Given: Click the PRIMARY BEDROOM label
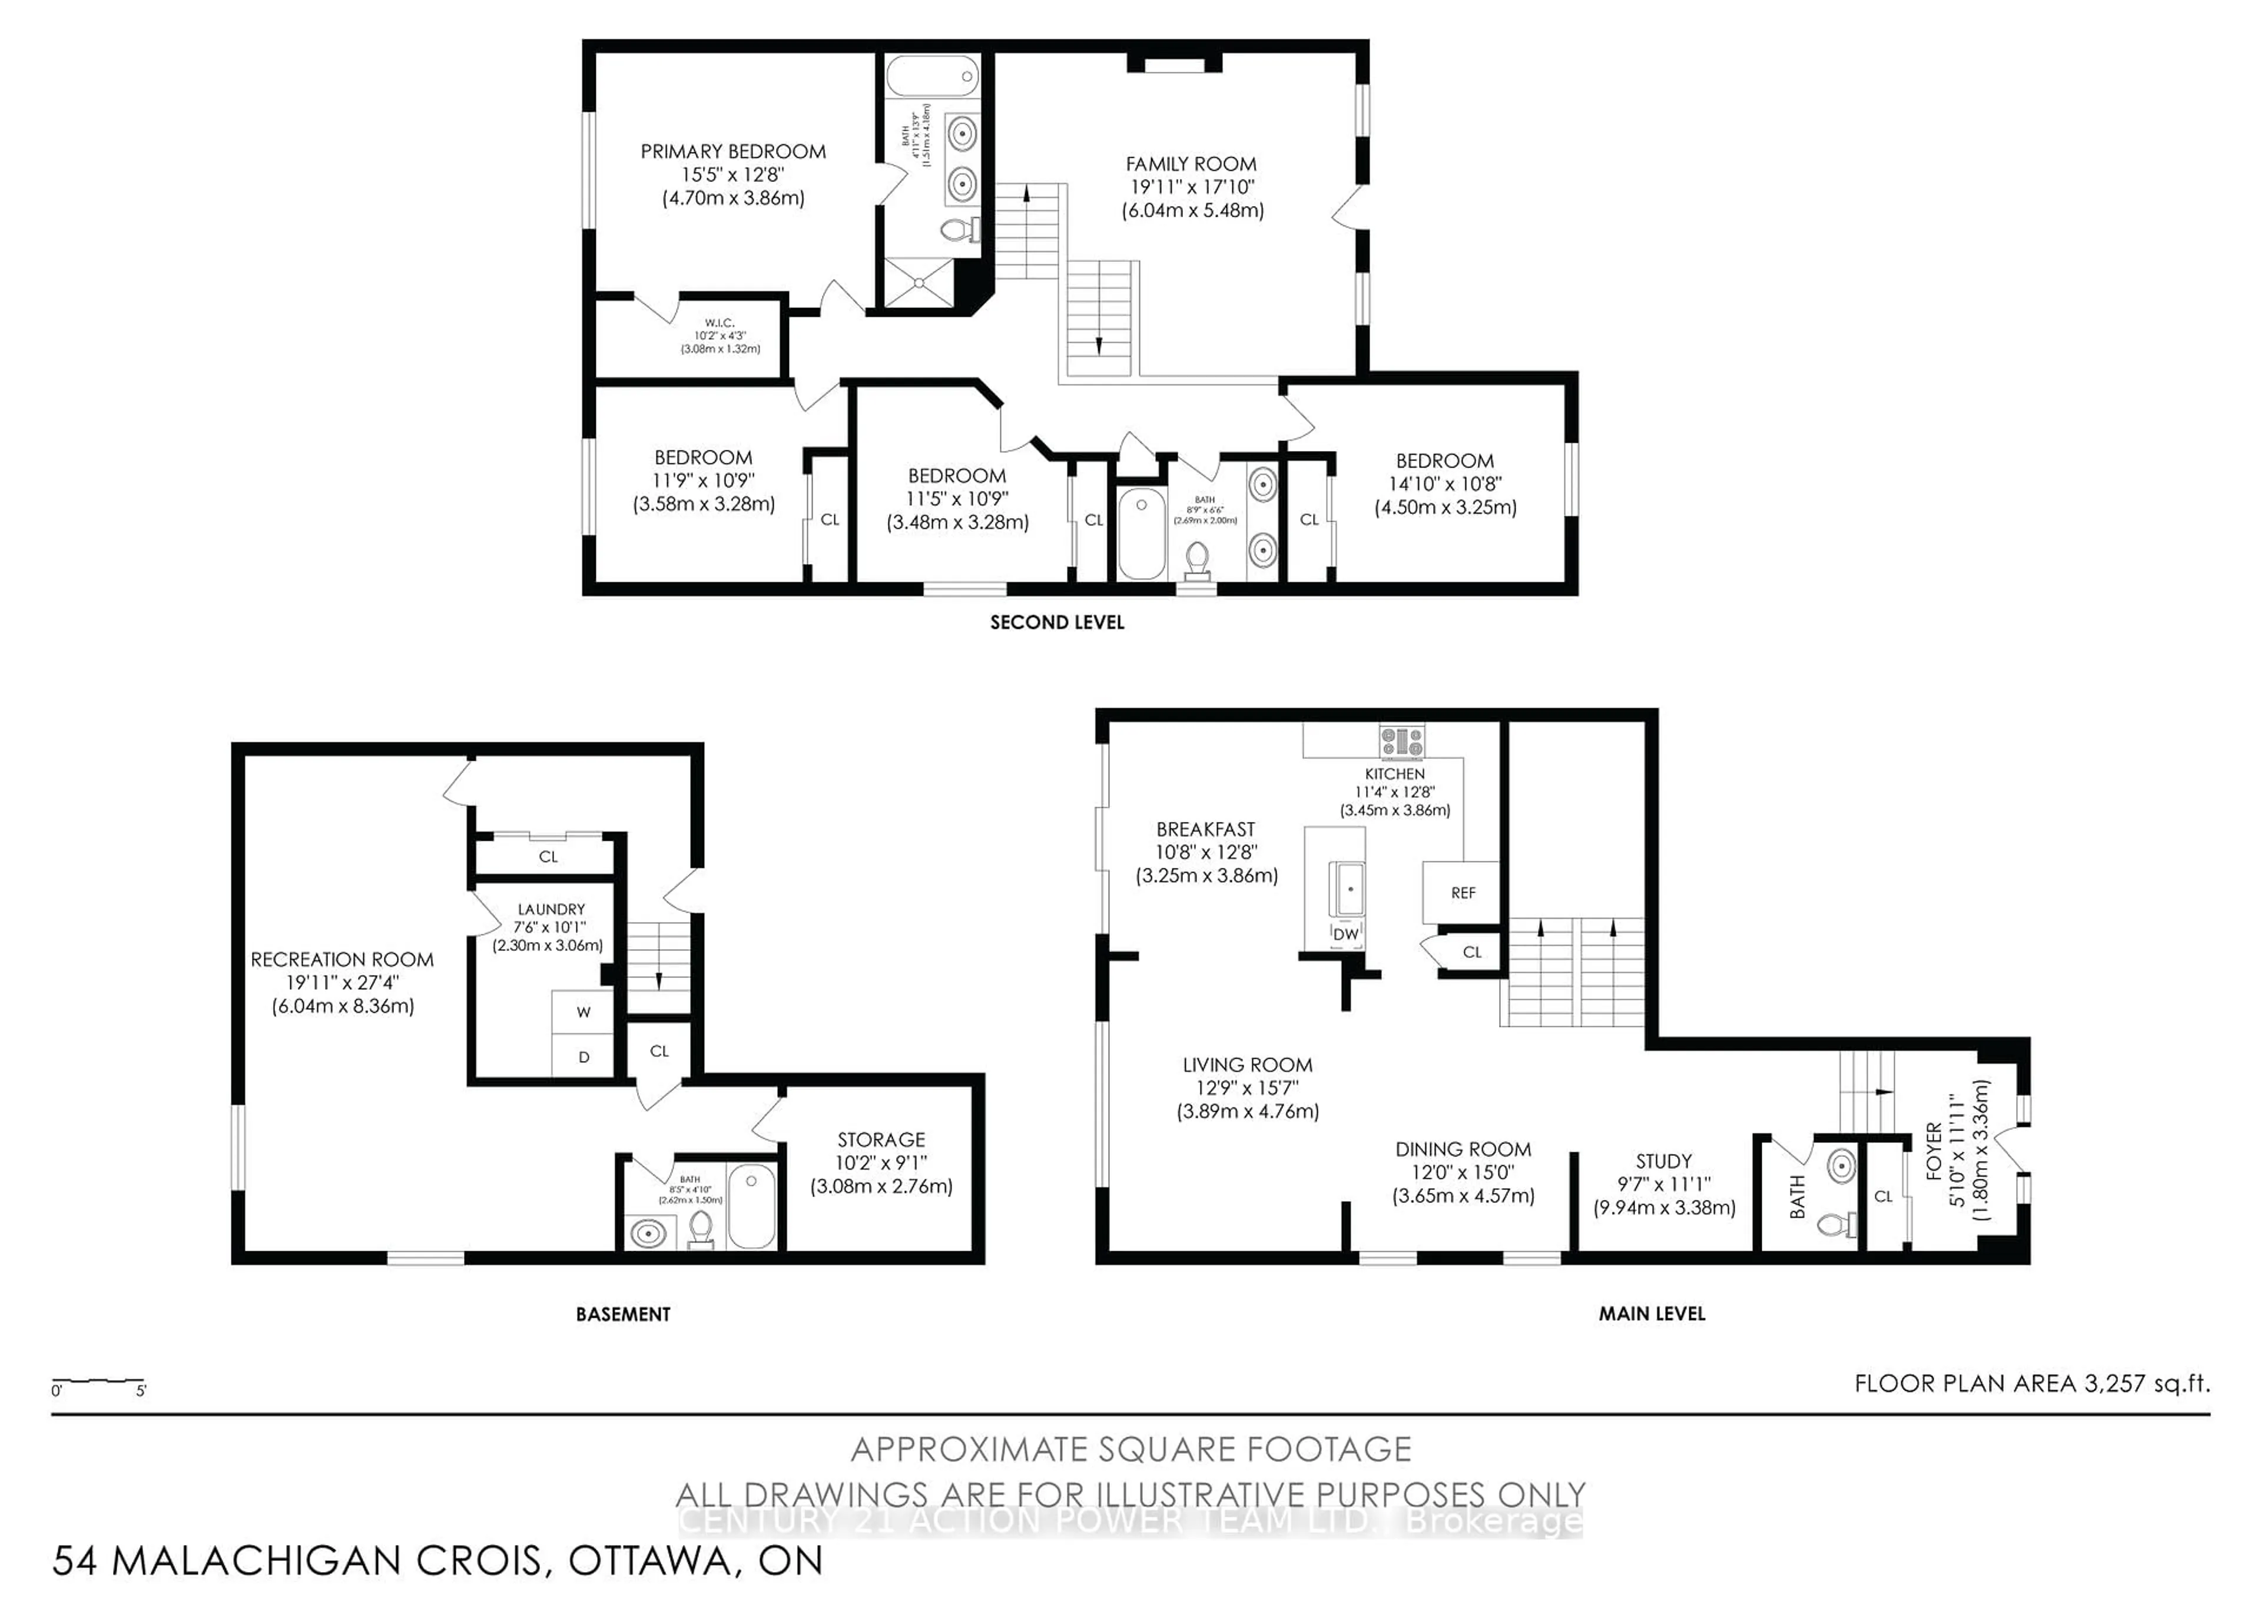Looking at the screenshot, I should [732, 152].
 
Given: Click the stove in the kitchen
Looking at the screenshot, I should [1401, 741].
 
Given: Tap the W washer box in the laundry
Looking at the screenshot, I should [583, 1012].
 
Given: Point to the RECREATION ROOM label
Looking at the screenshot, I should [342, 960].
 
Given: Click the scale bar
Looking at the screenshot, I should [98, 1383].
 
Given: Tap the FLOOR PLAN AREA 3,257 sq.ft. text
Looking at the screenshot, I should [2031, 1383].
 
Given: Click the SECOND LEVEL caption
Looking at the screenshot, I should [1057, 622].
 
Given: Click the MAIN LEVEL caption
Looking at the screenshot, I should [1652, 1314].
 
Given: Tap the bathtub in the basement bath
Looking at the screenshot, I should [753, 1206].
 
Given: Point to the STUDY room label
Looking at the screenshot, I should [1663, 1162].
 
